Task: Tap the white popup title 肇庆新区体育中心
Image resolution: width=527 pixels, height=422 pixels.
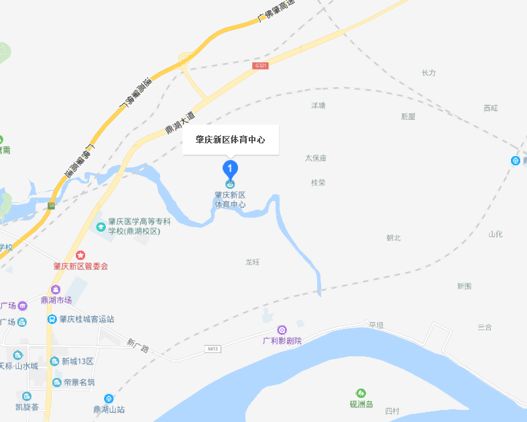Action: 230,140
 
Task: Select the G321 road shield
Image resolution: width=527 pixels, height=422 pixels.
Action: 261,66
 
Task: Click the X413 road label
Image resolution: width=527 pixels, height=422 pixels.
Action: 213,349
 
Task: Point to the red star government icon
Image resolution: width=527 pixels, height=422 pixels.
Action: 80,255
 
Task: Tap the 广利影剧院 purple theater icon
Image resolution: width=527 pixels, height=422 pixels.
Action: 282,330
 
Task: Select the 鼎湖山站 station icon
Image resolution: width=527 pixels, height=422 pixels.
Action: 109,399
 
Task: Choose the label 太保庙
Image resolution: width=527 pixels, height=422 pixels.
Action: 315,158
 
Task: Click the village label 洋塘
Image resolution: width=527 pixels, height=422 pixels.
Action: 318,106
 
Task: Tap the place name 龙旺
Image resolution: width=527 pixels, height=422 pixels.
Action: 253,261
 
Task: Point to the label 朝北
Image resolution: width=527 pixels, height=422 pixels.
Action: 393,238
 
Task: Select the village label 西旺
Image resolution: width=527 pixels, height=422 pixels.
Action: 491,108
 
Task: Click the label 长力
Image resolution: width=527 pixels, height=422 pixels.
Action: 428,72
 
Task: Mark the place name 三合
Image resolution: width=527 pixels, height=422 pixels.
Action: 485,327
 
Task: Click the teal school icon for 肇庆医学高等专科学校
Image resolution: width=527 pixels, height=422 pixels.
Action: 101,226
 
